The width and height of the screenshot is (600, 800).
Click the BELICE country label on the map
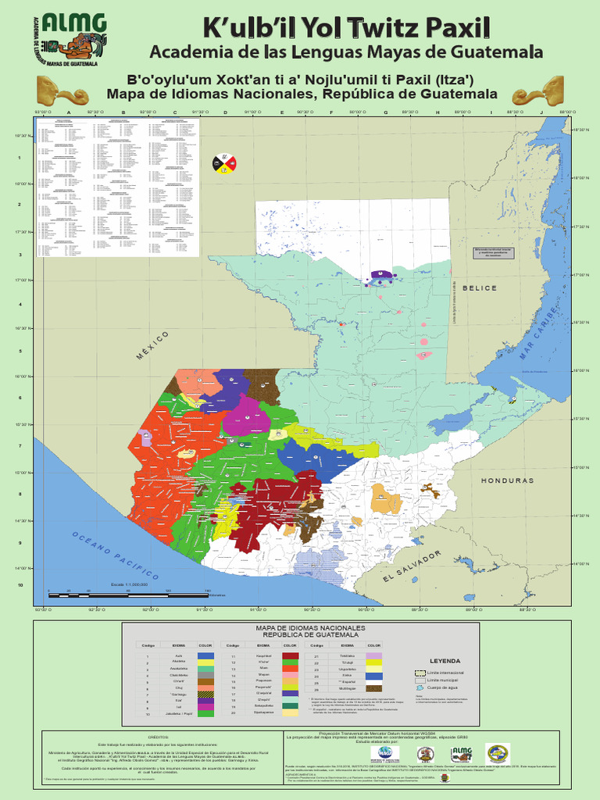pos(479,288)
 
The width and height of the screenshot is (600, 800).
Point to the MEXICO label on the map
pos(153,345)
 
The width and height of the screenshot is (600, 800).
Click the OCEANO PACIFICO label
pos(116,555)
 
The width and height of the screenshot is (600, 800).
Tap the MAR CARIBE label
pos(540,333)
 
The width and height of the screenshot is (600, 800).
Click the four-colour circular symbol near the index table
pos(224,163)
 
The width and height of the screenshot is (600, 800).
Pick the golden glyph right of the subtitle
pos(538,92)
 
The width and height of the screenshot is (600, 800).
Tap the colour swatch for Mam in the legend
pos(290,669)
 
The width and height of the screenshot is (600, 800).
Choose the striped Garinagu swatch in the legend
pos(205,694)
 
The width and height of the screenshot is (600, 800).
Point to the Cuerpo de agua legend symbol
pos(421,687)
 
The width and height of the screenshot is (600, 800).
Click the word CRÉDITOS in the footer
pos(159,736)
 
